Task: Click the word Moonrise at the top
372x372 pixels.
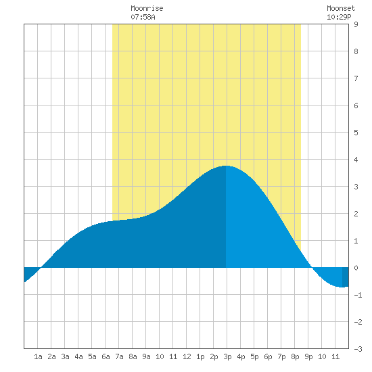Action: [x=147, y=8]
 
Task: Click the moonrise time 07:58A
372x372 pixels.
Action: [x=143, y=17]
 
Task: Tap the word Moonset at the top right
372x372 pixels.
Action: [x=341, y=8]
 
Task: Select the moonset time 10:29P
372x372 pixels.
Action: [x=339, y=17]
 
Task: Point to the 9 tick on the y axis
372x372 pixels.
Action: [x=356, y=24]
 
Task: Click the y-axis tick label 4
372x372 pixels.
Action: [x=356, y=160]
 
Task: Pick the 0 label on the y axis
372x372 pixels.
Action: [x=356, y=268]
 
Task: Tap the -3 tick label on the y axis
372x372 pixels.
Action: [x=358, y=349]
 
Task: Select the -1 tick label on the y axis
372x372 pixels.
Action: [x=358, y=295]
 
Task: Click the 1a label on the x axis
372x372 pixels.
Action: [x=38, y=356]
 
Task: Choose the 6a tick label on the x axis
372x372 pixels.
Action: [x=106, y=356]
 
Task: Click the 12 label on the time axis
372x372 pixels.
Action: [x=187, y=356]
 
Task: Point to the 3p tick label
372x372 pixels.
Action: [x=227, y=356]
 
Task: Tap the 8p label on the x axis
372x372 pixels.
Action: [x=295, y=356]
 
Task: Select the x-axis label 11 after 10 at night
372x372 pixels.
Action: [x=335, y=356]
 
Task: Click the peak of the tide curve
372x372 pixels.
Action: [x=226, y=166]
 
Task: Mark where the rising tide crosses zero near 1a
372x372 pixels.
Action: [x=41, y=268]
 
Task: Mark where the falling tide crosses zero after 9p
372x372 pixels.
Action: [x=312, y=268]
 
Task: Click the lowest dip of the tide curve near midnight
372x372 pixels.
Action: [x=342, y=287]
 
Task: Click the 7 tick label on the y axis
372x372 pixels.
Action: [x=356, y=78]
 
